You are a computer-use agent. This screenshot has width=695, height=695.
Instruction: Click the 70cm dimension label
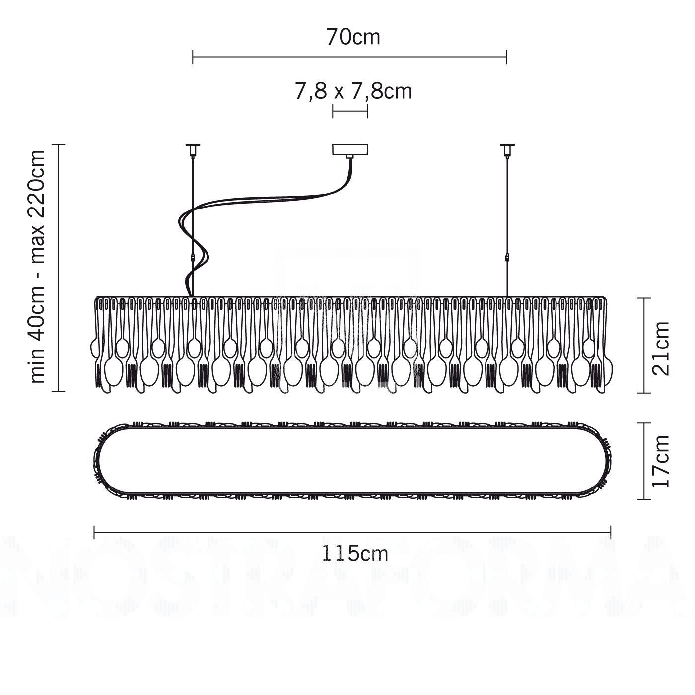pyautogui.click(x=353, y=37)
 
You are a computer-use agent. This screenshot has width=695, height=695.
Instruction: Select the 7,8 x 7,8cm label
pyautogui.click(x=353, y=91)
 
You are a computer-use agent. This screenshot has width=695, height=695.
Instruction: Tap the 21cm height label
pyautogui.click(x=661, y=348)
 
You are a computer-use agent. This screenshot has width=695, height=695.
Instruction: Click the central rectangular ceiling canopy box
pyautogui.click(x=350, y=150)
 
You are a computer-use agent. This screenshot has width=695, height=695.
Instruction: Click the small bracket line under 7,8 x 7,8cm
pyautogui.click(x=350, y=111)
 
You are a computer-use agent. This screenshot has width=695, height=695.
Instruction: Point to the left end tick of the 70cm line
pyautogui.click(x=193, y=57)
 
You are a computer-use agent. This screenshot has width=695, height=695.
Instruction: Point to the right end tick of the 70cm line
pyautogui.click(x=506, y=57)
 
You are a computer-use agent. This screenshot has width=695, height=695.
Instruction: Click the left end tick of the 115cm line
pyautogui.click(x=94, y=532)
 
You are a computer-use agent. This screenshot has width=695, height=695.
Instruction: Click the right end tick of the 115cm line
pyautogui.click(x=611, y=532)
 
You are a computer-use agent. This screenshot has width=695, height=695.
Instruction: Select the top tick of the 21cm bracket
pyautogui.click(x=644, y=298)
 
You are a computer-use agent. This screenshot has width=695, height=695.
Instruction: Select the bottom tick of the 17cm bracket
pyautogui.click(x=644, y=500)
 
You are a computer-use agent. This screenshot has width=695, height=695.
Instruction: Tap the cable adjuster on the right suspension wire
pyautogui.click(x=507, y=258)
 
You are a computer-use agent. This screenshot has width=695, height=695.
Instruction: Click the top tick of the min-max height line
pyautogui.click(x=59, y=144)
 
